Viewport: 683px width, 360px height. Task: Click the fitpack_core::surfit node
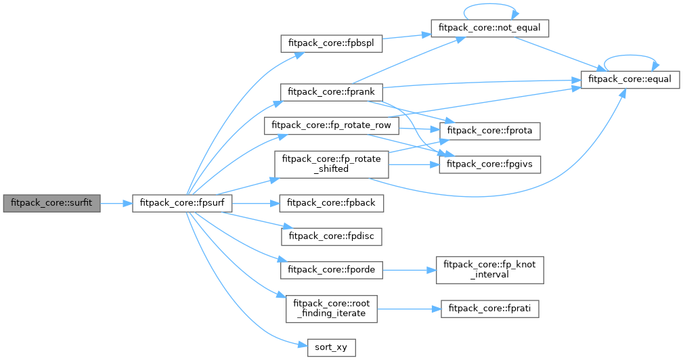pyautogui.click(x=51, y=202)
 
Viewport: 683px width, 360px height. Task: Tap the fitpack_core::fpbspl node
pyautogui.click(x=332, y=43)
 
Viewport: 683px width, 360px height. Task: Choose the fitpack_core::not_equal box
pyautogui.click(x=489, y=28)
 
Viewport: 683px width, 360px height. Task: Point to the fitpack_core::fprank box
pyautogui.click(x=332, y=91)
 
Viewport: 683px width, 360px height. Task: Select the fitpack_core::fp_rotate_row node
pyautogui.click(x=332, y=126)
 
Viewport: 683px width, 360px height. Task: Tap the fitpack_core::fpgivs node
pyautogui.click(x=490, y=164)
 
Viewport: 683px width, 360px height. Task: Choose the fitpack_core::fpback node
pyautogui.click(x=332, y=202)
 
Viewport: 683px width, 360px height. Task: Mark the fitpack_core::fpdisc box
pyautogui.click(x=332, y=236)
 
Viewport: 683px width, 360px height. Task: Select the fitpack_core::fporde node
pyautogui.click(x=332, y=270)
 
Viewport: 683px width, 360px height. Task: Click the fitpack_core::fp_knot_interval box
pyautogui.click(x=490, y=270)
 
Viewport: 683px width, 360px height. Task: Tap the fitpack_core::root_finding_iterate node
pyautogui.click(x=332, y=309)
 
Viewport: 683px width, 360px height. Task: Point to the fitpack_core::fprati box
pyautogui.click(x=490, y=309)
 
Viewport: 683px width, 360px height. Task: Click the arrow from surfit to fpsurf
pyautogui.click(x=116, y=202)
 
